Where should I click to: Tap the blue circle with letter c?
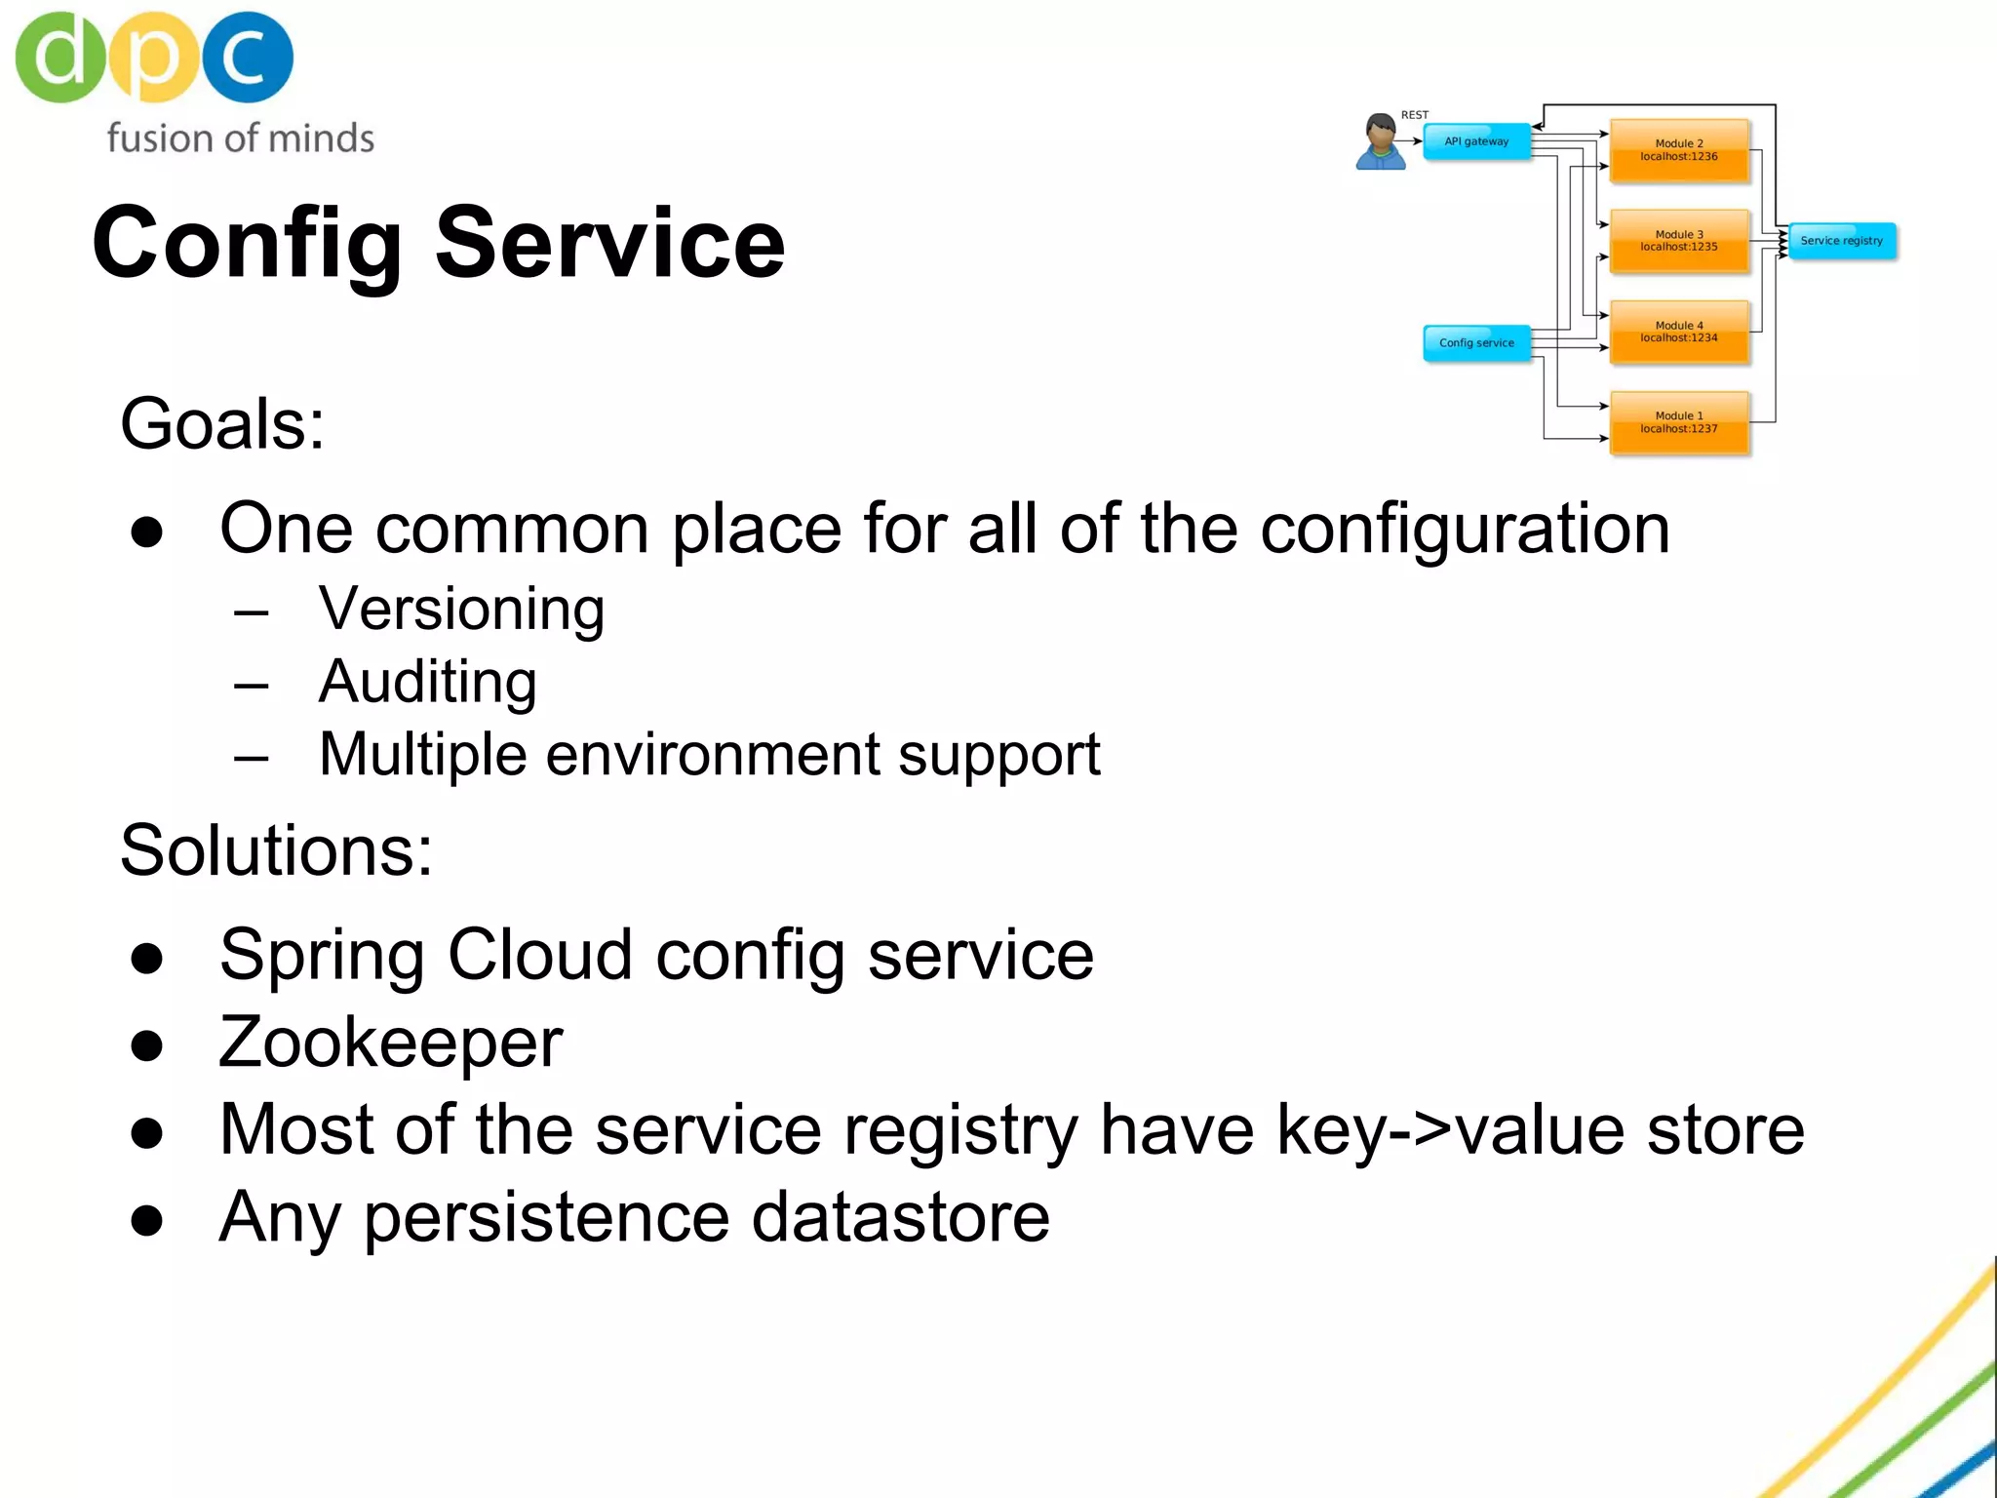pyautogui.click(x=247, y=57)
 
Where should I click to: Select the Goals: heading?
pyautogui.click(x=222, y=424)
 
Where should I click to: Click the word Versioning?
pyautogui.click(x=461, y=610)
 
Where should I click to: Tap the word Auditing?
pyautogui.click(x=427, y=682)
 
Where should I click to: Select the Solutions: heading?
pyautogui.click(x=276, y=850)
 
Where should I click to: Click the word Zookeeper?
pyautogui.click(x=391, y=1043)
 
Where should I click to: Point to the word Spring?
pyautogui.click(x=322, y=955)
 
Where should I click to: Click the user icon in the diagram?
pyautogui.click(x=1381, y=142)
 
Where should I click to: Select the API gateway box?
pyautogui.click(x=1476, y=142)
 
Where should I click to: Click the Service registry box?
pyautogui.click(x=1842, y=241)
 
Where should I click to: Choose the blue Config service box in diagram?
pyautogui.click(x=1476, y=343)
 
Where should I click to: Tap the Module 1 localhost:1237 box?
pyautogui.click(x=1679, y=422)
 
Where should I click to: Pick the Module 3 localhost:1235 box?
pyautogui.click(x=1679, y=241)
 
